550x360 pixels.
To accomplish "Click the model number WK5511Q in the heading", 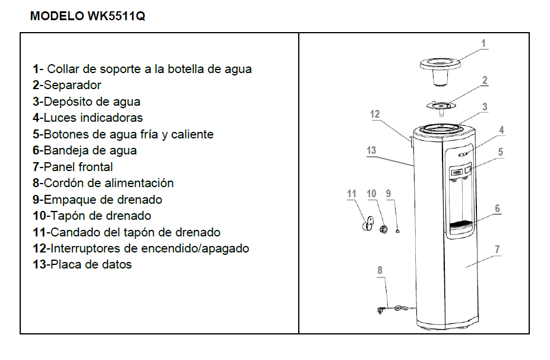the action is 116,16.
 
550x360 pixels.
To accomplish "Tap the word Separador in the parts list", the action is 72,85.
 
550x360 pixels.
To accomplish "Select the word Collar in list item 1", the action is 63,69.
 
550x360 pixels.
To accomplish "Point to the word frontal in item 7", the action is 96,167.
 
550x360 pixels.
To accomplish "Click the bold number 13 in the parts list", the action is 39,264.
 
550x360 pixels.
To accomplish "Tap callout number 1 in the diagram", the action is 483,43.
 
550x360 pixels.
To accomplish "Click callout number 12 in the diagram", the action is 375,114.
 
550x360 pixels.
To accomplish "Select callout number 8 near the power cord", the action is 380,270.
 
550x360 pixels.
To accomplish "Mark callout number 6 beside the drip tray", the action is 497,209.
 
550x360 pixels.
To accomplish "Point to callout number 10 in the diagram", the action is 371,194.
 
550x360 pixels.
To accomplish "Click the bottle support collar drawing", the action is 440,70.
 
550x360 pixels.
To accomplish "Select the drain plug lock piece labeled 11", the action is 368,224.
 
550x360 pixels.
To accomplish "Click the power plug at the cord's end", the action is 381,310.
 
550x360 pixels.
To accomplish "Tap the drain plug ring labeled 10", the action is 383,229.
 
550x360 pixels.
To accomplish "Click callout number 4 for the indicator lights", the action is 502,130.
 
